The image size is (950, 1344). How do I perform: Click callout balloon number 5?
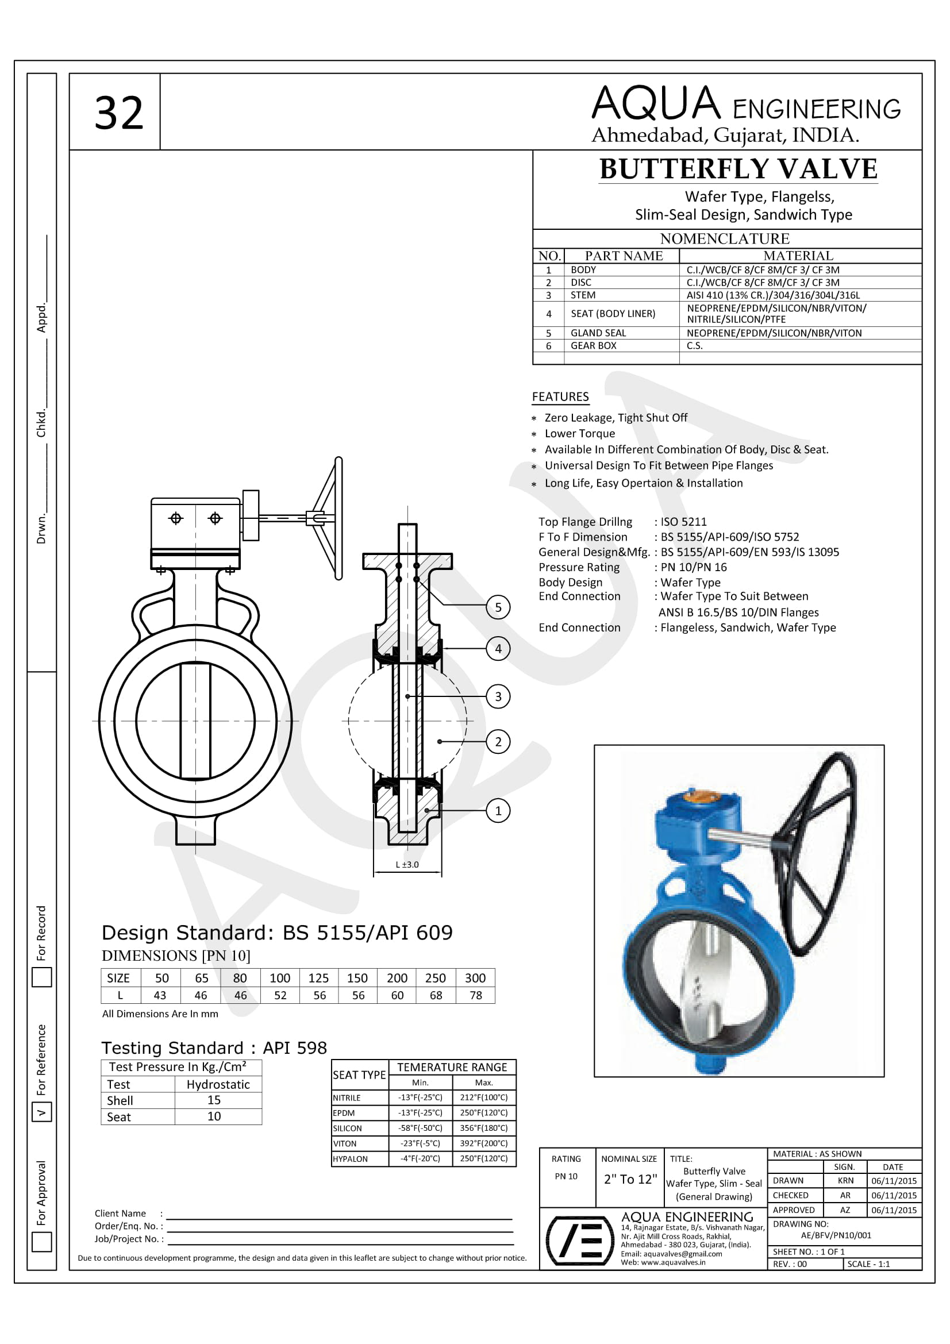tap(498, 607)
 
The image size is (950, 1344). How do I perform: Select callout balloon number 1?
tap(498, 811)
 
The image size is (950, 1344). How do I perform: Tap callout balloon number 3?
tap(498, 696)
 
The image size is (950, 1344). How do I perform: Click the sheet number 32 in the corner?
tap(119, 113)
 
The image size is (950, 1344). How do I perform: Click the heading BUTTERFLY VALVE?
tap(738, 169)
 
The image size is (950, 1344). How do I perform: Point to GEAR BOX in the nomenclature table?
tap(593, 345)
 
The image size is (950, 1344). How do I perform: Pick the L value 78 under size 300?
tap(475, 995)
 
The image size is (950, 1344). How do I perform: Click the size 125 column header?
tap(318, 978)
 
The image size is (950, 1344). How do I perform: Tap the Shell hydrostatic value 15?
tap(214, 1100)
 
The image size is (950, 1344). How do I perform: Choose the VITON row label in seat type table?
tap(345, 1143)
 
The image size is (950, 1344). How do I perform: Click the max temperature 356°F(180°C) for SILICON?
tap(483, 1128)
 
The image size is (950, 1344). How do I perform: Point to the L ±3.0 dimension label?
tap(407, 865)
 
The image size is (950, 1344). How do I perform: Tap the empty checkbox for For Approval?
tap(41, 1242)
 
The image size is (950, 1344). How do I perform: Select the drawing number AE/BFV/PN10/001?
tap(836, 1235)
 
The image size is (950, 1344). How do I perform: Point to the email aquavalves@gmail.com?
tap(671, 1254)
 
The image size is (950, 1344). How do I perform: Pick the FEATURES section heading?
tap(560, 397)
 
